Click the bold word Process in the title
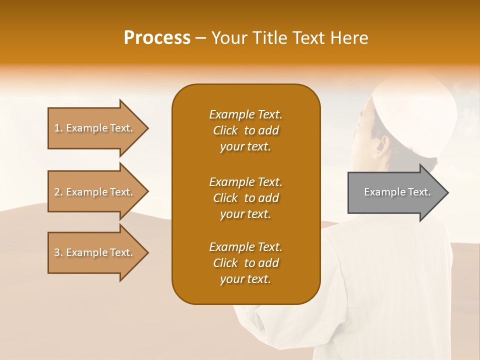[x=157, y=38]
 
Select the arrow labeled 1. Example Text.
[x=95, y=128]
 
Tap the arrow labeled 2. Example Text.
[x=95, y=192]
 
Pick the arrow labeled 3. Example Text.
[x=95, y=252]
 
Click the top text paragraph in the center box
[x=245, y=130]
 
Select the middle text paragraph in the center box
[x=245, y=198]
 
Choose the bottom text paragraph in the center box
[x=245, y=263]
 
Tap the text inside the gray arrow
[x=397, y=192]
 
